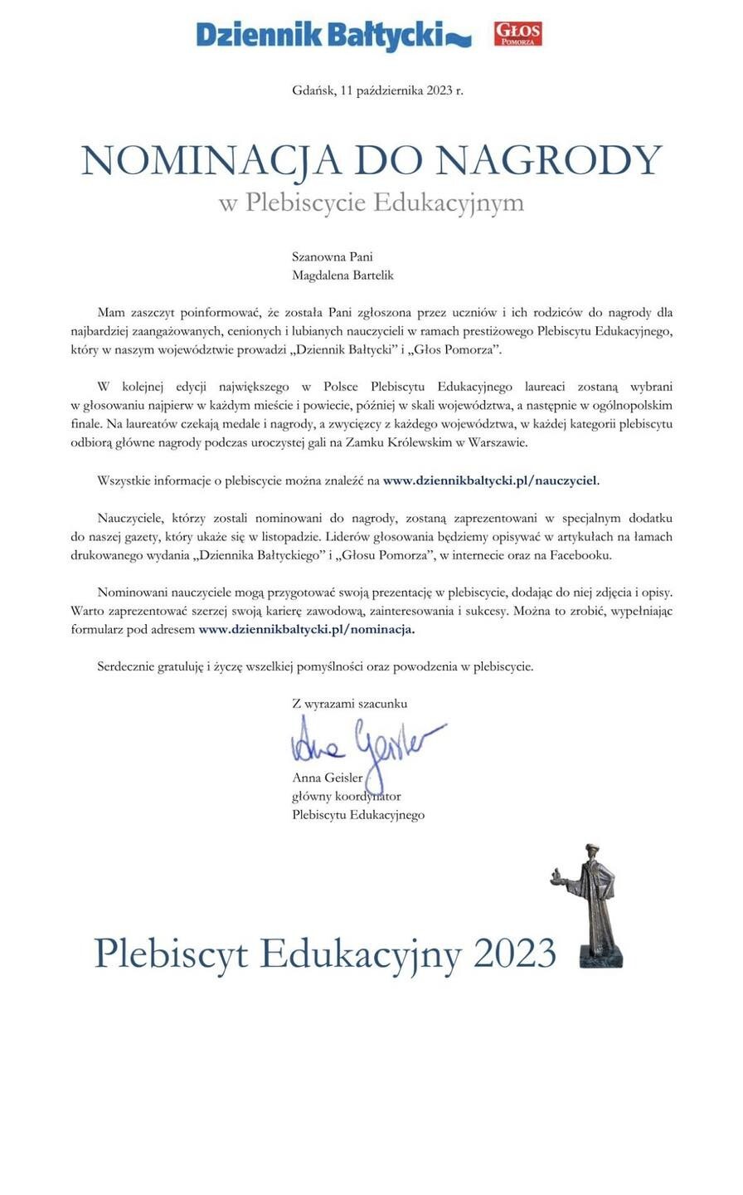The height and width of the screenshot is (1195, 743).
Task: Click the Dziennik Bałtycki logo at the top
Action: (x=332, y=34)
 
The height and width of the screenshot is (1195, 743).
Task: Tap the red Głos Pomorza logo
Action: (x=517, y=34)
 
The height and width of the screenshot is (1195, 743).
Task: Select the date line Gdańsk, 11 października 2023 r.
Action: (x=377, y=90)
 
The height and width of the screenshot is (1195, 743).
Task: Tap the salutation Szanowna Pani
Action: (x=327, y=257)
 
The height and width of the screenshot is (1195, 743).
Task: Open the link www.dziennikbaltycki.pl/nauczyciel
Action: (x=490, y=480)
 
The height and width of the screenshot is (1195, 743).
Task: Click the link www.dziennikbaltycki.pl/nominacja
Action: (x=306, y=629)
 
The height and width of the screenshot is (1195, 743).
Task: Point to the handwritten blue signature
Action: (x=365, y=743)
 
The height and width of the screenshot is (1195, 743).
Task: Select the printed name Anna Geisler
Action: (x=327, y=778)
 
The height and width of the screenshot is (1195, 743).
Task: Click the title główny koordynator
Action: (x=347, y=796)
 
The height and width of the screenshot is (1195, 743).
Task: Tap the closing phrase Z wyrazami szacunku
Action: (x=349, y=703)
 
